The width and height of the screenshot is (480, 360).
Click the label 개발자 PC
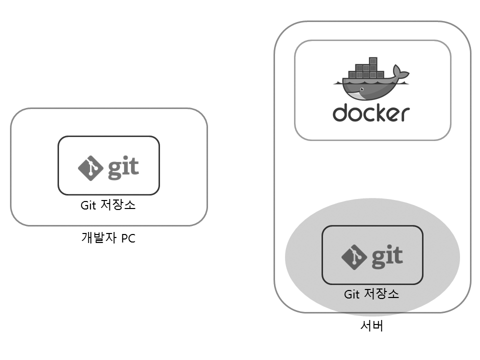pyautogui.click(x=108, y=238)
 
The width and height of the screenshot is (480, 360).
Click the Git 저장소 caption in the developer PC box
pyautogui.click(x=108, y=205)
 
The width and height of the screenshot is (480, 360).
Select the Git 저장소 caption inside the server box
pyautogui.click(x=371, y=294)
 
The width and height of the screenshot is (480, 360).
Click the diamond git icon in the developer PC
pyautogui.click(x=90, y=168)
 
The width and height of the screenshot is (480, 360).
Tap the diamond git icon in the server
pyautogui.click(x=353, y=257)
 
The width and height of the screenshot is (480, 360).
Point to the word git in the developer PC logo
pyautogui.click(x=123, y=168)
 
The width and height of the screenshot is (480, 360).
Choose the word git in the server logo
pyautogui.click(x=386, y=256)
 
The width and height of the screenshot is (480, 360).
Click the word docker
pyautogui.click(x=371, y=113)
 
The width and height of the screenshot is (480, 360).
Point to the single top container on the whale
pyautogui.click(x=373, y=60)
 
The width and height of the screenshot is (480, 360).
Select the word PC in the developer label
pyautogui.click(x=127, y=238)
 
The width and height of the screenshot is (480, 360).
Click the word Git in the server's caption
pyautogui.click(x=352, y=294)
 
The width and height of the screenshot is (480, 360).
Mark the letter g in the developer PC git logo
pyautogui.click(x=113, y=170)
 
